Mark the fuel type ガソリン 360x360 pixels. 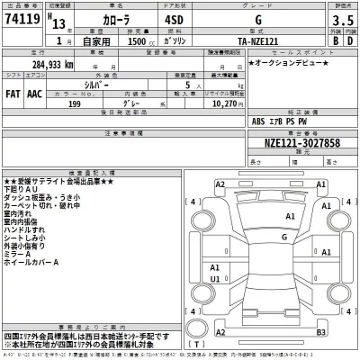click(x=172, y=42)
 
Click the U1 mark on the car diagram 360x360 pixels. click(x=215, y=279)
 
